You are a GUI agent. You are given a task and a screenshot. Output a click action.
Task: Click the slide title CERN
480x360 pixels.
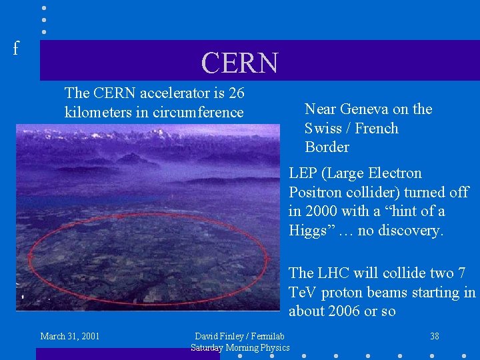(239, 63)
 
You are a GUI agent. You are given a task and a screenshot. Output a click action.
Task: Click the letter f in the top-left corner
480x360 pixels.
(16, 48)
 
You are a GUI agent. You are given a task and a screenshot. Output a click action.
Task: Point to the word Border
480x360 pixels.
(327, 147)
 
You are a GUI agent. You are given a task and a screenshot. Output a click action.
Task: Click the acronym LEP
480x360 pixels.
(303, 173)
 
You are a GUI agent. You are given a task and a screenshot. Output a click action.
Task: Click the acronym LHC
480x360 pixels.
(333, 273)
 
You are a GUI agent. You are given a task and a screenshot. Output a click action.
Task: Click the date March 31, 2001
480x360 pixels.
(70, 336)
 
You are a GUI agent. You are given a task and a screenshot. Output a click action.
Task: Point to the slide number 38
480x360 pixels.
(434, 336)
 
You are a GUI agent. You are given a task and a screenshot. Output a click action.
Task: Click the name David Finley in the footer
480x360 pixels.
(219, 336)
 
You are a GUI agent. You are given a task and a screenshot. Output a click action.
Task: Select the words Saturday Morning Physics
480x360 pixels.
(240, 347)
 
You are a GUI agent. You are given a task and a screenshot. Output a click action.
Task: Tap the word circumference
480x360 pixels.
(198, 112)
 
